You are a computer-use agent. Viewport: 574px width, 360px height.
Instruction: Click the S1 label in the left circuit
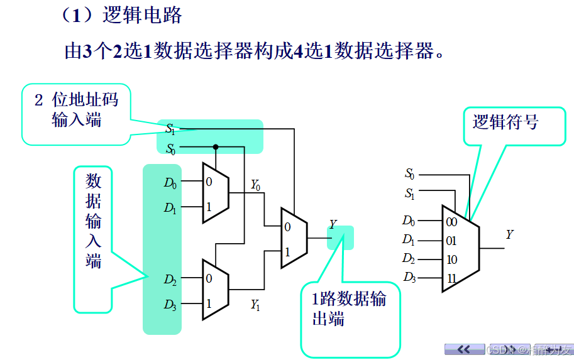coord(170,129)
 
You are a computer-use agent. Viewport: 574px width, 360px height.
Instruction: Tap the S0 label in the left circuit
coord(170,149)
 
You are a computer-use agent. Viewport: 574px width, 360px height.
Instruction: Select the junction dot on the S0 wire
coord(215,147)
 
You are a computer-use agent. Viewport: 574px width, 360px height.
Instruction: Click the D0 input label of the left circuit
coord(170,183)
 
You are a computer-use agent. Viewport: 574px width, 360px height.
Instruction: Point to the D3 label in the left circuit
coord(170,305)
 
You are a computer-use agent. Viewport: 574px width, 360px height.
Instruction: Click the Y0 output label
coord(255,185)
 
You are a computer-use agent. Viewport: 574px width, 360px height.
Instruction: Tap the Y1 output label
coord(255,305)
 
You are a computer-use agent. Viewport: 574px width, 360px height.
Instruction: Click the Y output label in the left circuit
coord(333,225)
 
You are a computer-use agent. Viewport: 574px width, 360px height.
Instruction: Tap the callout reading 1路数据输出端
coord(349,308)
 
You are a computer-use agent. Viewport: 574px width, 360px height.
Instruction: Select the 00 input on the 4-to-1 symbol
coord(451,222)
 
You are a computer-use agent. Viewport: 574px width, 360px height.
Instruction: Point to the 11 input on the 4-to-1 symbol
coord(451,277)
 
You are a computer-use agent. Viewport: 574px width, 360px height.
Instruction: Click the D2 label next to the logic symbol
coord(409,259)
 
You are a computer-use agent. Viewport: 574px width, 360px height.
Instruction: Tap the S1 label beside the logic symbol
coord(410,194)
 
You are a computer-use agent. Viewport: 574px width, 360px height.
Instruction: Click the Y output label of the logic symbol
coord(509,235)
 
